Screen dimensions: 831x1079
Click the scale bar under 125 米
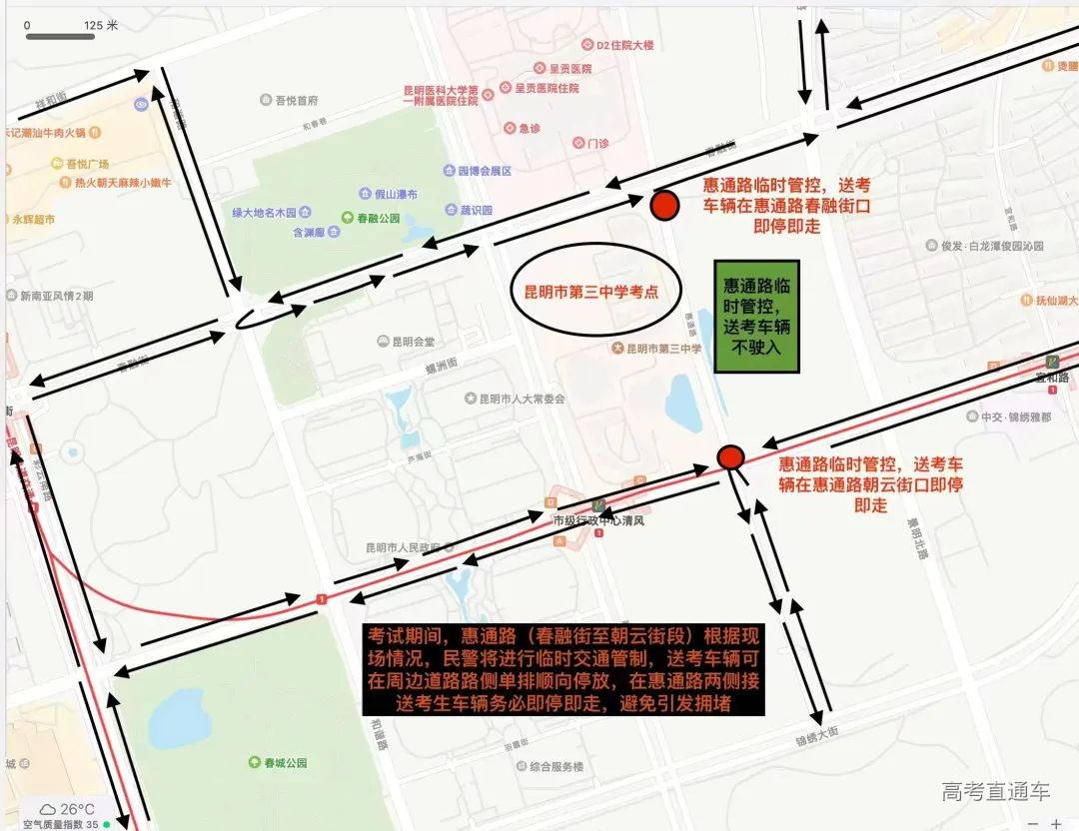[60, 37]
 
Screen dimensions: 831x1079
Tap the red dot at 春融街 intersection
[664, 206]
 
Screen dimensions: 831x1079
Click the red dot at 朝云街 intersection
[731, 457]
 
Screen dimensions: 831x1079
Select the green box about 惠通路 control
[756, 317]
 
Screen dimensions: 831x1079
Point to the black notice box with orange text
[564, 669]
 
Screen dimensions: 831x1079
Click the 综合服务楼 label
[549, 766]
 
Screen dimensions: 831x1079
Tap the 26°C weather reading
[77, 809]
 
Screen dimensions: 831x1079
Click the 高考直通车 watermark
[995, 793]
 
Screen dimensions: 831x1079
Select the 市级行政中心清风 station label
[599, 520]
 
